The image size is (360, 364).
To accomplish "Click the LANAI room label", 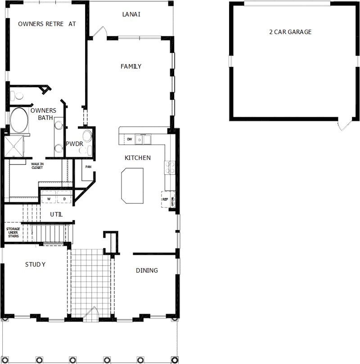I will (131, 14).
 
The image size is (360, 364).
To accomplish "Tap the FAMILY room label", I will (131, 67).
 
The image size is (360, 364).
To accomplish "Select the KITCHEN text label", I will (137, 158).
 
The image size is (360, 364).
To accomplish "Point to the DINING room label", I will (147, 270).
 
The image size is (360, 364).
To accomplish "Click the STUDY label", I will (35, 264).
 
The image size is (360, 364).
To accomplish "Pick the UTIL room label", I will (56, 215).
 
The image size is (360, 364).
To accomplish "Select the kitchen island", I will (132, 184).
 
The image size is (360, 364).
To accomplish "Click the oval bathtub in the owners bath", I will (19, 120).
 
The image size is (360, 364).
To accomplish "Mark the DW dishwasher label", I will (129, 139).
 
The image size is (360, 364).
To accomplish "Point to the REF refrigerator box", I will (165, 199).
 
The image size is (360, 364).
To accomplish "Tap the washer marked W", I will (49, 198).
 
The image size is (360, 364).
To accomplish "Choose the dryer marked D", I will (64, 198).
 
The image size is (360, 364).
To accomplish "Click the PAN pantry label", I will (88, 165).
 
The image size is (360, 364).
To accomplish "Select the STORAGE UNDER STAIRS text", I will (13, 232).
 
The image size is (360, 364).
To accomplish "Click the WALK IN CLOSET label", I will (37, 165).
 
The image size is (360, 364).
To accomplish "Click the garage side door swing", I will (344, 125).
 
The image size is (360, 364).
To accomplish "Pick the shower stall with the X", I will (14, 146).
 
